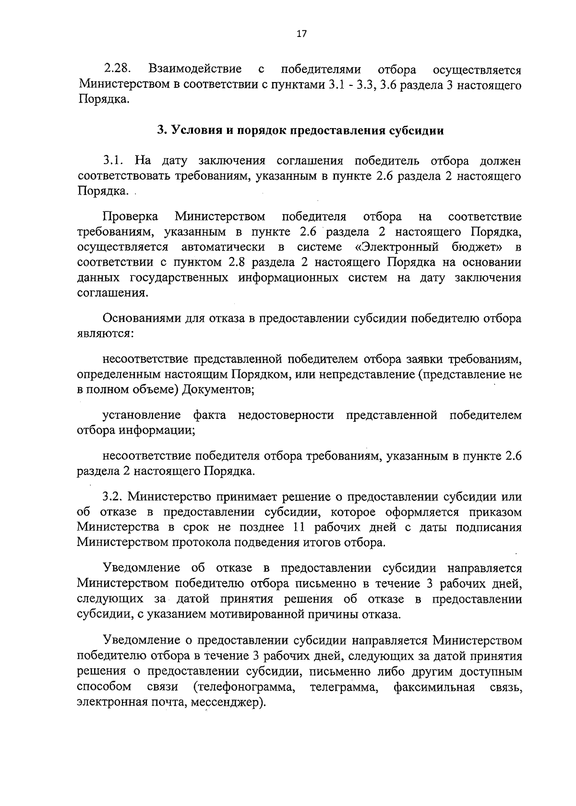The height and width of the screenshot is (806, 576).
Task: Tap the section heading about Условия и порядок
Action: (x=301, y=130)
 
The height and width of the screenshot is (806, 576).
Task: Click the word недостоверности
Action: (x=286, y=415)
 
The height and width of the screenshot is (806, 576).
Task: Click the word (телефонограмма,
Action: (x=244, y=687)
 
